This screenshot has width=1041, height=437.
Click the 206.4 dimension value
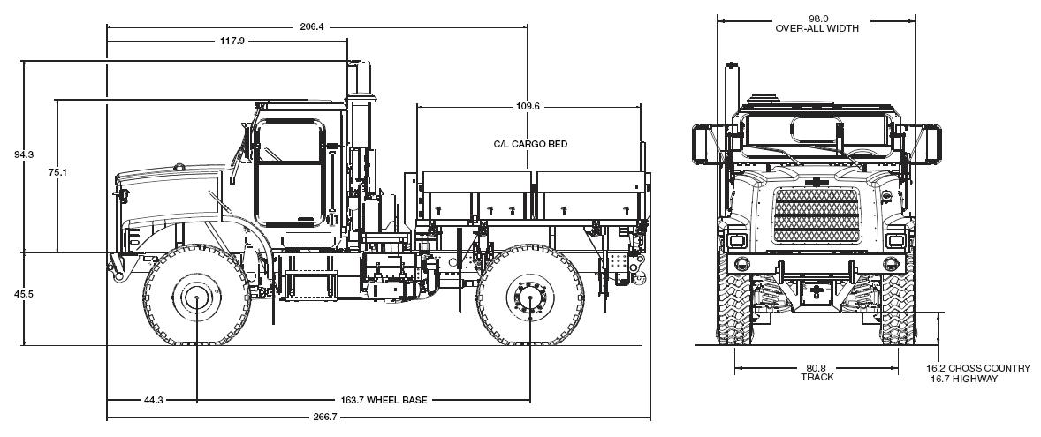tap(312, 26)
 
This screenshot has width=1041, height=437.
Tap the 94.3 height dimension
tap(24, 154)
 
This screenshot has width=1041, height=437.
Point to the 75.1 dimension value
tap(57, 172)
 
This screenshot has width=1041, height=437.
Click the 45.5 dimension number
tap(24, 294)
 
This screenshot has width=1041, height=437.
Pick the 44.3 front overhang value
tap(153, 400)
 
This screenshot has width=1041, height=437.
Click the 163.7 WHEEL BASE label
tap(384, 400)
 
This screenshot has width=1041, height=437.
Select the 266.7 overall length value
tap(324, 417)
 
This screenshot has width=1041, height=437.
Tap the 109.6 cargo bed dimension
tap(527, 106)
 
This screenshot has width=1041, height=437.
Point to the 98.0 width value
tap(817, 18)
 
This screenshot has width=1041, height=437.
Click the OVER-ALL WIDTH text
tap(817, 28)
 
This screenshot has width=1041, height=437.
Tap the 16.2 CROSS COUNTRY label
tap(977, 368)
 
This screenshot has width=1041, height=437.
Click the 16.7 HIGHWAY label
tap(964, 379)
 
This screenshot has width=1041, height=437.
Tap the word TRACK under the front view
tap(817, 378)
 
